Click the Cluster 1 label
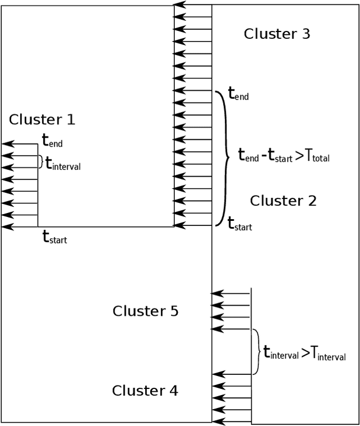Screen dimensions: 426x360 pos(42,119)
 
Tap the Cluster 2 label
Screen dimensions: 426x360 pos(283,200)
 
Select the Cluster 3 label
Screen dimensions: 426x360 pos(277,34)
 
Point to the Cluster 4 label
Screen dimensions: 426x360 pos(145,390)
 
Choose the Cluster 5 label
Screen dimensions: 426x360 pos(145,311)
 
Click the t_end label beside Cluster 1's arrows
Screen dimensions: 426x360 pos(52,141)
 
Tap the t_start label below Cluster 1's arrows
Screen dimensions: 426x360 pos(55,238)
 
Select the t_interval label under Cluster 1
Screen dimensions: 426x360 pos(63,164)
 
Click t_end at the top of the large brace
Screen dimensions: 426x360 pos(238,93)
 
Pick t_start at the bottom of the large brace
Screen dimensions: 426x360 pos(240,224)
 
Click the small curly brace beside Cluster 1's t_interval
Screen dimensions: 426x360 pos(40,162)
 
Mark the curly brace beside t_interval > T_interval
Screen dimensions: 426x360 pos(256,352)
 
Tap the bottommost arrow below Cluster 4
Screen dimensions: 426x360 pos(231,421)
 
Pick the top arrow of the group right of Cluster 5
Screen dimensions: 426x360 pos(230,293)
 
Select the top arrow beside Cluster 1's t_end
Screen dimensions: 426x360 pos(20,144)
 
